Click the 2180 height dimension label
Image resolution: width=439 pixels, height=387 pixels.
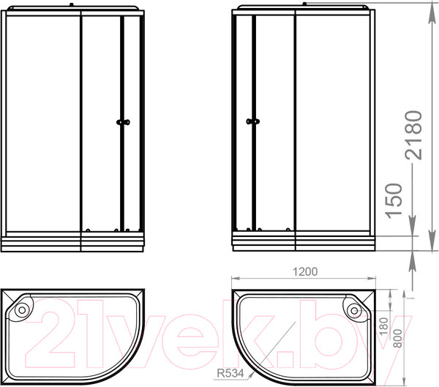[x=413, y=135]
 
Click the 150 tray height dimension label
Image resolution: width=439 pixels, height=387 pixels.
[x=394, y=200]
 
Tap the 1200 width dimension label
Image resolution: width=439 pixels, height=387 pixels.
[x=305, y=271]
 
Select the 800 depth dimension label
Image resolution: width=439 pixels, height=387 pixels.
[x=397, y=339]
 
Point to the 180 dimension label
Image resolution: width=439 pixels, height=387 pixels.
[x=383, y=326]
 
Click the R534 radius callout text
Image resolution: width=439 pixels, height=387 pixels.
[x=230, y=373]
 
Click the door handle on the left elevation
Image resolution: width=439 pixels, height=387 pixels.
[x=123, y=122]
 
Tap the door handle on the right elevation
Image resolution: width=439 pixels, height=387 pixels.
[x=253, y=121]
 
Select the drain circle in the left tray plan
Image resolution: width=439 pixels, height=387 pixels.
[x=22, y=309]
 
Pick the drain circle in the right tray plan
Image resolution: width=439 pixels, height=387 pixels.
[x=354, y=311]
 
